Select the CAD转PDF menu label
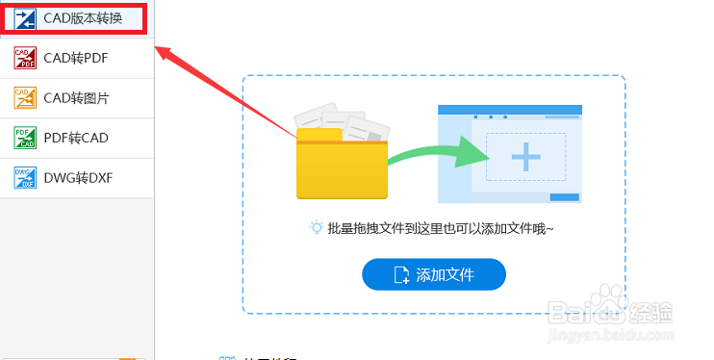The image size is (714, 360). [76, 58]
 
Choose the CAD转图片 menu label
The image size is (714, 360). [76, 97]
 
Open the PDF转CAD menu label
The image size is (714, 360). [76, 138]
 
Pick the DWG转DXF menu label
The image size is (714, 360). [77, 177]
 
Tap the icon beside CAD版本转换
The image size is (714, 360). [26, 17]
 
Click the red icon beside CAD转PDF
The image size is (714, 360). [25, 58]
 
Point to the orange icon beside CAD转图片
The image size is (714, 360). [25, 97]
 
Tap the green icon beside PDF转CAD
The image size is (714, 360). [25, 138]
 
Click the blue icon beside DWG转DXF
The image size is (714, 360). [25, 177]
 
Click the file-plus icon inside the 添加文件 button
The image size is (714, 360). [402, 275]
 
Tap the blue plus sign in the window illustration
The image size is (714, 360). [524, 156]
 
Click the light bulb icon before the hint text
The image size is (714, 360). [316, 228]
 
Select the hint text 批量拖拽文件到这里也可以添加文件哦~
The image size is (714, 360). [441, 229]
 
